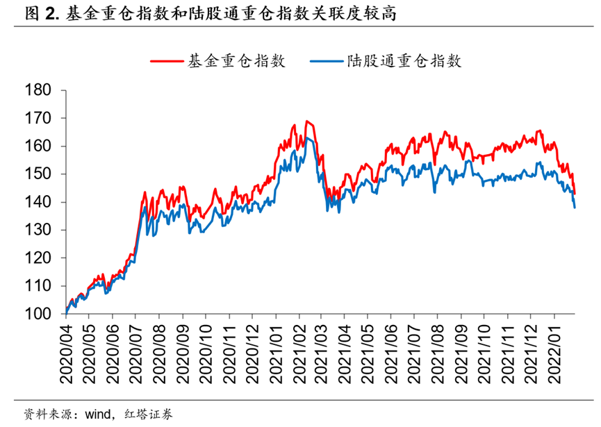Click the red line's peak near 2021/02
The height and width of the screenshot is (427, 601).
[x=306, y=122]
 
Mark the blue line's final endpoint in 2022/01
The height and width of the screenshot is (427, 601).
[x=575, y=207]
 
